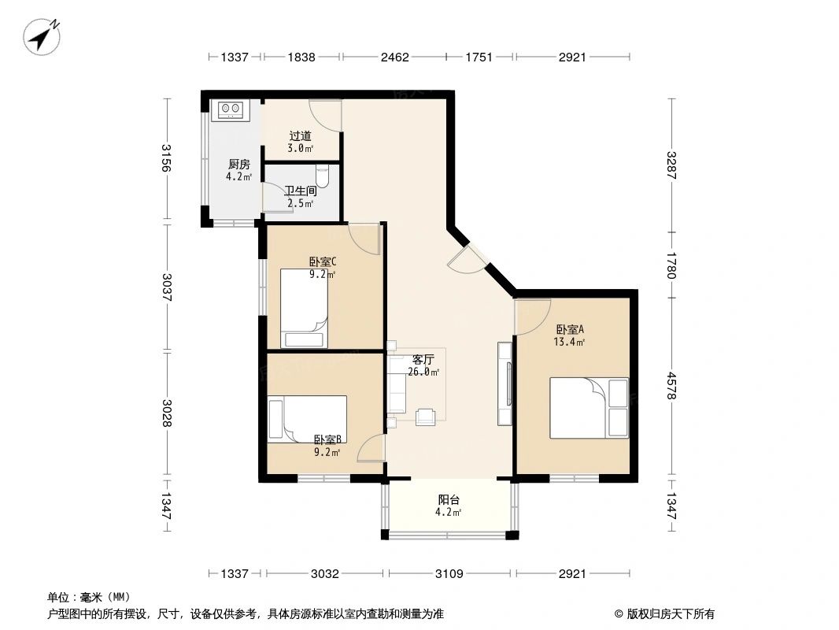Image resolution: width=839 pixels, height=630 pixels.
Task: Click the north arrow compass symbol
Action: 41,36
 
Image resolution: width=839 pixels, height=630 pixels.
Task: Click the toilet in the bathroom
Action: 323,175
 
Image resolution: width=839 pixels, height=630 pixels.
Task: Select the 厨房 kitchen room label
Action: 238,165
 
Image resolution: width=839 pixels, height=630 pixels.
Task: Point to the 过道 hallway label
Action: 300,136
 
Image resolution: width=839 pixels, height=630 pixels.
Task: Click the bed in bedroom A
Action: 590,409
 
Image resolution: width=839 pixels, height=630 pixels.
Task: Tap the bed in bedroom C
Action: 304,309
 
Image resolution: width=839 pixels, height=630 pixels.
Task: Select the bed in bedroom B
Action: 308,419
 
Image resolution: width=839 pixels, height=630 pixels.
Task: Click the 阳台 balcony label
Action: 449,500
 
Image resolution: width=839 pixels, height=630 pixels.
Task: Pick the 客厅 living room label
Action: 423,360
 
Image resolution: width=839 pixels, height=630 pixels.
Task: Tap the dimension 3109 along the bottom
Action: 449,574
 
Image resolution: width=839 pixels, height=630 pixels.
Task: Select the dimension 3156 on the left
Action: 166,158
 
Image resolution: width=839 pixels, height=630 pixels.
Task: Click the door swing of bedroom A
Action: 532,317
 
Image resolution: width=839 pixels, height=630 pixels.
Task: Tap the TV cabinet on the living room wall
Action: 505,384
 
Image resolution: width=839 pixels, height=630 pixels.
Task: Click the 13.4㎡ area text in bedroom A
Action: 569,342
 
